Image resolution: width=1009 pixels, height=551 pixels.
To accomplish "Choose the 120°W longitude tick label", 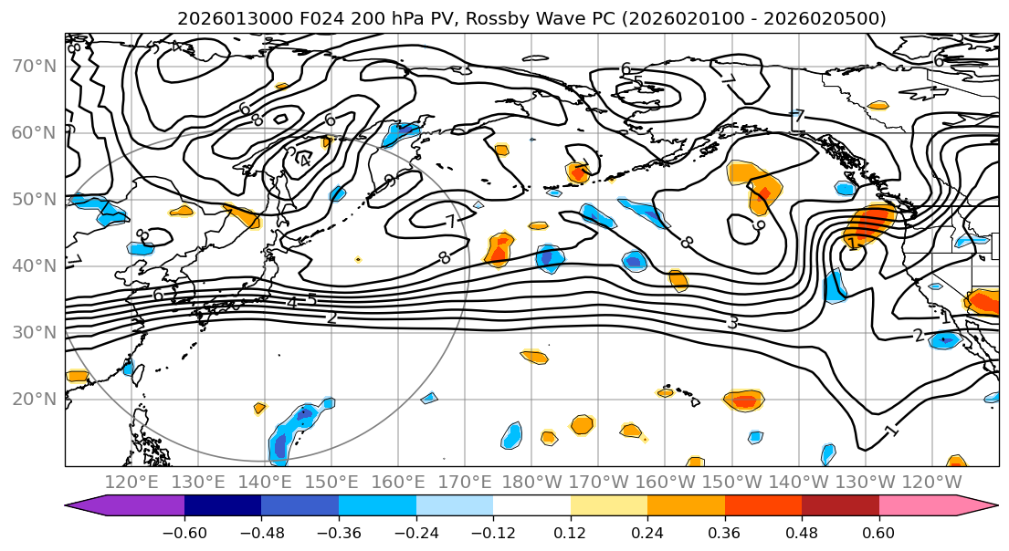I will click(932, 482).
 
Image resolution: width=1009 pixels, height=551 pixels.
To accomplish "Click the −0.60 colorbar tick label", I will click(184, 532).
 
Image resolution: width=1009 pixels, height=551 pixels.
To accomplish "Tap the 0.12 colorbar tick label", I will click(570, 532).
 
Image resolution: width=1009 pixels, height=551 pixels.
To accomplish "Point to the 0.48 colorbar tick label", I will click(802, 532).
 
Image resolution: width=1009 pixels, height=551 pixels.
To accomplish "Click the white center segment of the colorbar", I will click(531, 506).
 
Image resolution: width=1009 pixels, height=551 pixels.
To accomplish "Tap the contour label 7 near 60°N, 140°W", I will click(799, 116).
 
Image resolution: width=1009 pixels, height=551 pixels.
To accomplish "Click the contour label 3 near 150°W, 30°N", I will click(732, 322).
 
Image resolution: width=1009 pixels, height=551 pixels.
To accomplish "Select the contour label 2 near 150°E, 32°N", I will click(331, 317).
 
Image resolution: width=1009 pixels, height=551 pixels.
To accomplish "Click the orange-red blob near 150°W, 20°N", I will click(744, 400).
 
